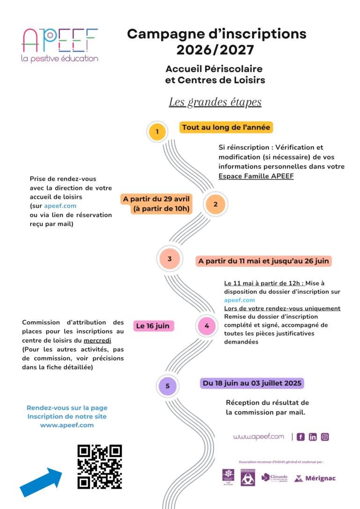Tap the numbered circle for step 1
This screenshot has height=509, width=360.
pyautogui.click(x=157, y=132)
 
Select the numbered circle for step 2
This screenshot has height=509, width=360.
pyautogui.click(x=216, y=204)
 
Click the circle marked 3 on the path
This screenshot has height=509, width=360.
pyautogui.click(x=170, y=258)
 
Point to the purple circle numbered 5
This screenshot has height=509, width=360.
pyautogui.click(x=167, y=387)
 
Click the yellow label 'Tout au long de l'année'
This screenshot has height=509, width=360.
pyautogui.click(x=226, y=127)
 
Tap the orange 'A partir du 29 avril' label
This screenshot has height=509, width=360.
pyautogui.click(x=156, y=204)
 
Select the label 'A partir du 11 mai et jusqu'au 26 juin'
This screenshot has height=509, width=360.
pyautogui.click(x=263, y=261)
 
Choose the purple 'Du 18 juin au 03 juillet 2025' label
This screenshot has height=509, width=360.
pyautogui.click(x=252, y=383)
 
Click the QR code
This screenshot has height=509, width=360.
pyautogui.click(x=99, y=467)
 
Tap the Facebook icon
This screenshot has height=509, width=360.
pyautogui.click(x=300, y=437)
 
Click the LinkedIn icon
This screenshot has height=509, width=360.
pyautogui.click(x=313, y=437)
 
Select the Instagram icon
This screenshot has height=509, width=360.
pyautogui.click(x=325, y=437)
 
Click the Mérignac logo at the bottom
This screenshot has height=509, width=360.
pyautogui.click(x=315, y=479)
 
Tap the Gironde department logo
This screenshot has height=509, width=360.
pyautogui.click(x=275, y=478)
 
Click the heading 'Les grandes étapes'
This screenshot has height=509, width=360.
pyautogui.click(x=215, y=102)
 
